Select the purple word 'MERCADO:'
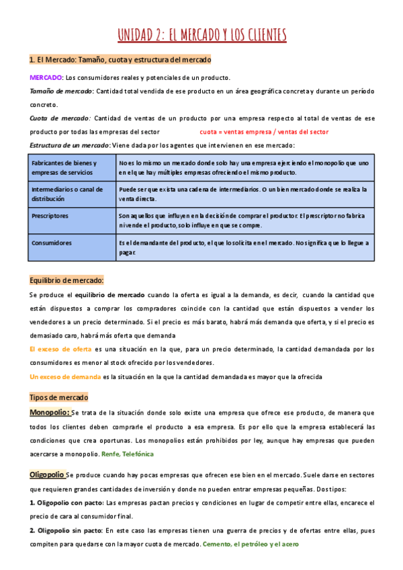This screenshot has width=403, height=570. click(46, 77)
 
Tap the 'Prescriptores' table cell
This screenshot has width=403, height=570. click(50, 216)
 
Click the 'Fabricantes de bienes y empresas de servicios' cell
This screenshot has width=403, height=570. click(64, 167)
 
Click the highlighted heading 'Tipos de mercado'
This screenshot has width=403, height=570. click(59, 397)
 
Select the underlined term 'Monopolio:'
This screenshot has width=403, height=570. click(50, 412)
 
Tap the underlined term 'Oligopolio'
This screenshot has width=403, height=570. click(47, 475)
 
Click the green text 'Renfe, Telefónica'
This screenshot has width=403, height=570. click(127, 454)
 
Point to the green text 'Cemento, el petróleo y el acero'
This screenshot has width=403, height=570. click(251, 544)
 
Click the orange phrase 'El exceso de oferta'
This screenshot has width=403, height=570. click(61, 349)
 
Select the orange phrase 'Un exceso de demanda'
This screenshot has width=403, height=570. click(65, 376)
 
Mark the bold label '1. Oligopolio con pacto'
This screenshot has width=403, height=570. click(66, 503)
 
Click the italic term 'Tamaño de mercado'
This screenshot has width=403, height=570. click(60, 91)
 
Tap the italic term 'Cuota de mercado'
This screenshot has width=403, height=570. click(59, 118)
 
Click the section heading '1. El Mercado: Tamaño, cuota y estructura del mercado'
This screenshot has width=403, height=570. click(120, 60)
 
